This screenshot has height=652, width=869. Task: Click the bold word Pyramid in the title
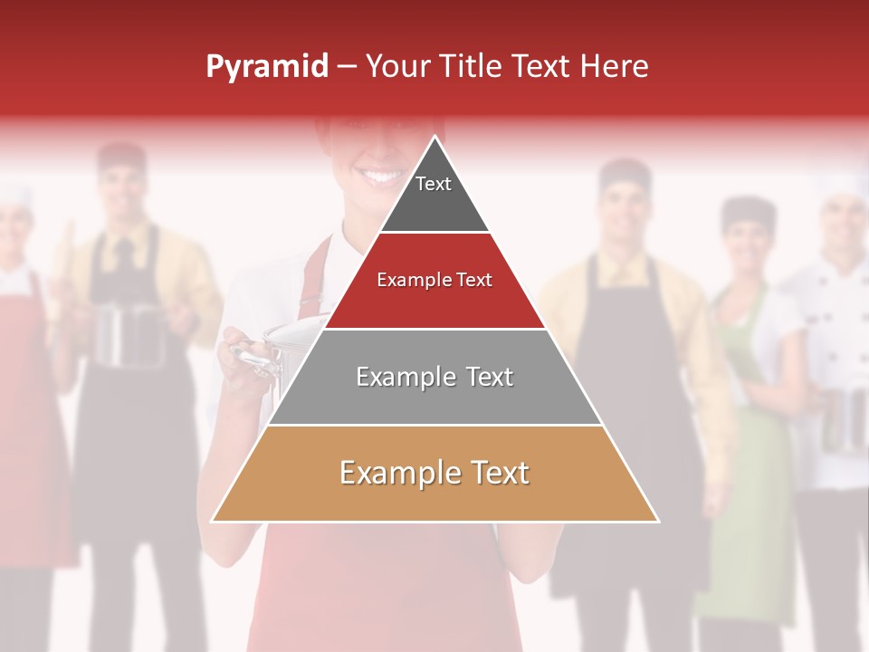point(267,67)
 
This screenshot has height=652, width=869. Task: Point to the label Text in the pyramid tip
point(434,184)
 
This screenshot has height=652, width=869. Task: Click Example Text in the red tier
point(434,280)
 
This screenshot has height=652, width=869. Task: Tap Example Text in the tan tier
point(434,473)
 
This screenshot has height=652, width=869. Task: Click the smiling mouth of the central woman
point(380,173)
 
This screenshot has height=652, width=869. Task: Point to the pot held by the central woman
point(272,353)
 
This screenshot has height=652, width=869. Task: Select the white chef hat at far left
point(13,193)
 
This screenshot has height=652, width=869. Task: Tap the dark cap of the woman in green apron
point(748,214)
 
